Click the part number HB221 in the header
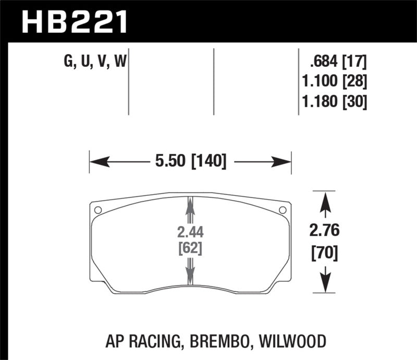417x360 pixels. point(73,22)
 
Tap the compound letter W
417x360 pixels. point(119,62)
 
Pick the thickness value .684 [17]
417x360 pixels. point(338,62)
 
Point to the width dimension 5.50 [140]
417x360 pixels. point(190,162)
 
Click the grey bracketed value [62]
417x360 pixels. point(190,249)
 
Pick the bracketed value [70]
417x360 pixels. point(326,254)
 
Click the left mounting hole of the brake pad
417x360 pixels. point(98,210)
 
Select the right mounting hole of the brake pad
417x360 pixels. point(283,210)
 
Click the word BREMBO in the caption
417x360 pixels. point(228,342)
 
